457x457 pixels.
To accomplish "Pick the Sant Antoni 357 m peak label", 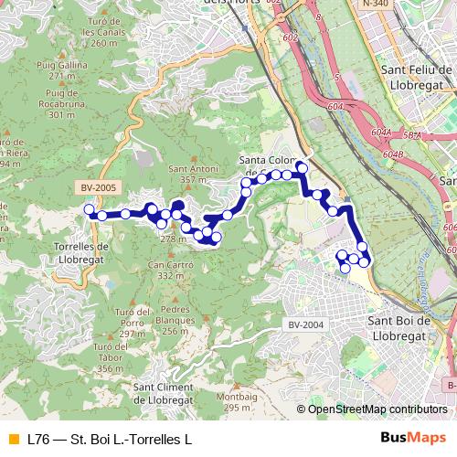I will pyautogui.click(x=191, y=174).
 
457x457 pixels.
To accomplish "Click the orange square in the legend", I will pyautogui.click(x=12, y=439).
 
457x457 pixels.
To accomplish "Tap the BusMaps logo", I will pyautogui.click(x=414, y=439).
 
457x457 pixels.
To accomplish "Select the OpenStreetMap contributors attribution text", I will pyautogui.click(x=377, y=409).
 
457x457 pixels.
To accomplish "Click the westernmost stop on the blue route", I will pyautogui.click(x=90, y=210).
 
